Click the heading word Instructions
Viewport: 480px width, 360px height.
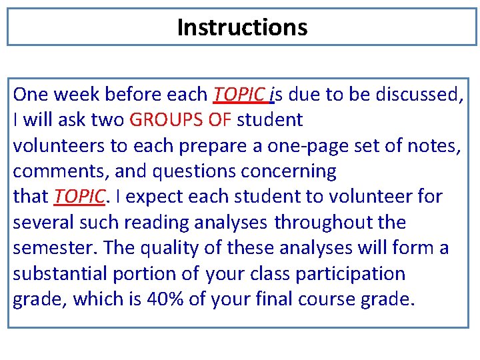coord(242,27)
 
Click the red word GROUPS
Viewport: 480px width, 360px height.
coord(161,120)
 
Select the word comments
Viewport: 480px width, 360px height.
coord(59,171)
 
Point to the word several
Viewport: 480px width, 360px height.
coord(42,222)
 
